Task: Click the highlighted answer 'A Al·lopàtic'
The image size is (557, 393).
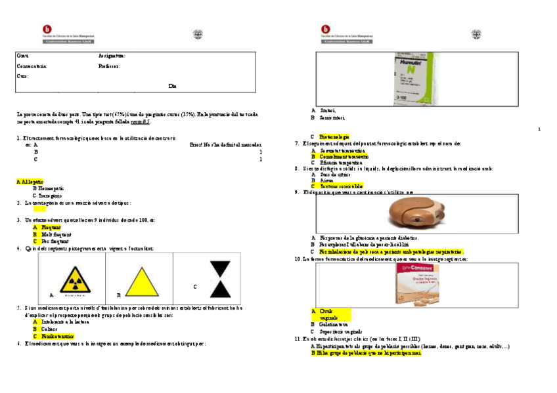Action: (30, 180)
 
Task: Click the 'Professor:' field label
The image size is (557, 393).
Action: (109, 66)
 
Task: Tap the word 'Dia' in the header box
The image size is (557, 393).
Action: (173, 86)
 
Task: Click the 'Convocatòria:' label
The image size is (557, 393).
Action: (32, 66)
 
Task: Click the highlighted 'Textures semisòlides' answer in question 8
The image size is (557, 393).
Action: (342, 186)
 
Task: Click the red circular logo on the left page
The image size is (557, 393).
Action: (47, 30)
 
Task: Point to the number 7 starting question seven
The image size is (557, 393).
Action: (297, 144)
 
